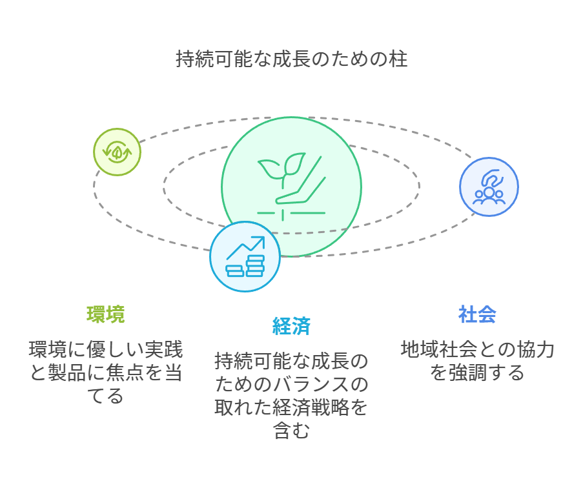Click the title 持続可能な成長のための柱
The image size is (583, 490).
coord(292,59)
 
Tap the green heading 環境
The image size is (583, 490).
coord(106,314)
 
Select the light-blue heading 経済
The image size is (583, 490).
coord(292,326)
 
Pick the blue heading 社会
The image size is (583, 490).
coord(477,314)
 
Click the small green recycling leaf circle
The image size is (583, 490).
coord(117,152)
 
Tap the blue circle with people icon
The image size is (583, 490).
coord(489,187)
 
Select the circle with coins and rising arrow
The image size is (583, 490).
coord(245,256)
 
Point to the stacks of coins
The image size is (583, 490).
coord(245,266)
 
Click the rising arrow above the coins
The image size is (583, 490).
coord(246,248)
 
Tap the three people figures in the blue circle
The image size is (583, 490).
coord(489,196)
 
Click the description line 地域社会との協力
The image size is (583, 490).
coord(477,349)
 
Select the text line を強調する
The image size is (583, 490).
coord(477,373)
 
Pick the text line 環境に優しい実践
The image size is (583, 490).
coord(106,349)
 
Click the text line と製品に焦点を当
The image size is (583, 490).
coord(106,373)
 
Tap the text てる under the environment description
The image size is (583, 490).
coord(106,396)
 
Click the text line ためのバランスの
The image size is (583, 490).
coord(292,384)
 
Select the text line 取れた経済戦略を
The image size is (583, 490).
coord(292,407)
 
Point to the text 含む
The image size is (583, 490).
coord(292,431)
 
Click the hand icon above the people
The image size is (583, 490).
coord(492,178)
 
